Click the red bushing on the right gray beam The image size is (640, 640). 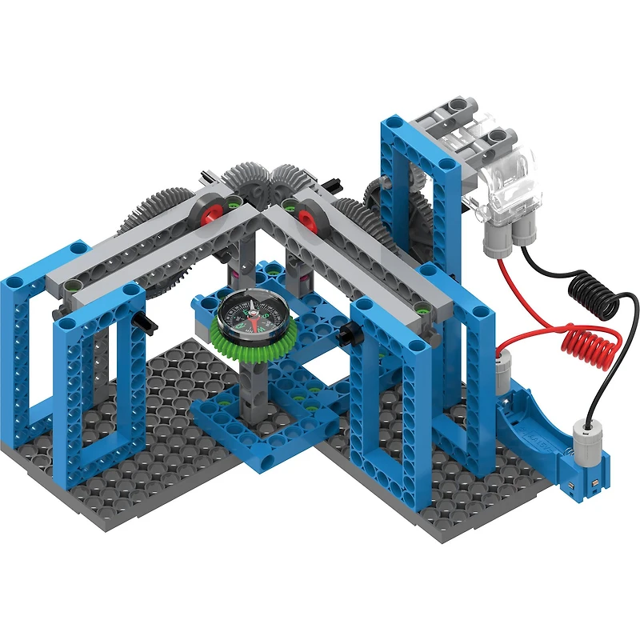point(305,215)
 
